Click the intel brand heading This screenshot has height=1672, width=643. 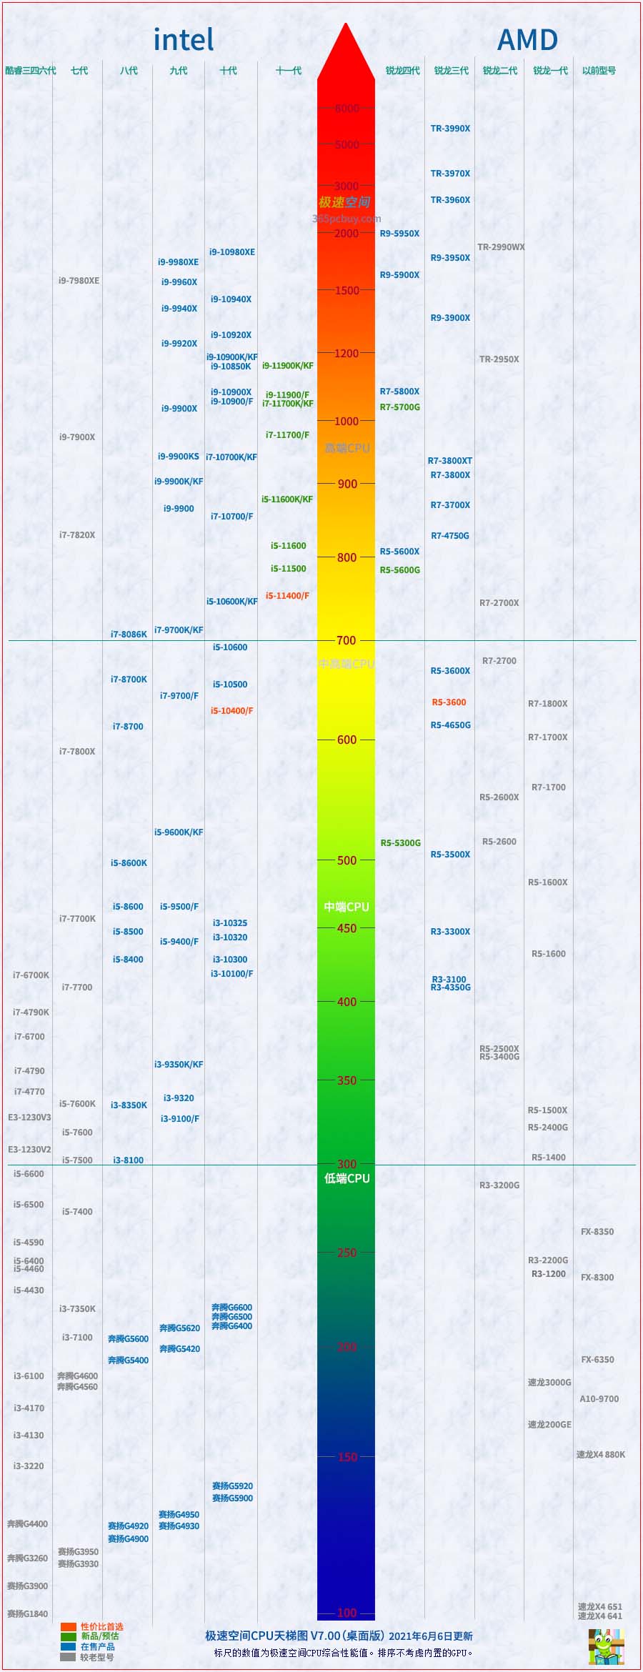[x=184, y=40]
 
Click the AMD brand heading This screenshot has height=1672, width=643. [x=527, y=40]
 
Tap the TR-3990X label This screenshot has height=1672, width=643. [x=450, y=129]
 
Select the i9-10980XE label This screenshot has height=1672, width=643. [x=231, y=252]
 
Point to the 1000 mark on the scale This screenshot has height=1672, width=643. [x=347, y=422]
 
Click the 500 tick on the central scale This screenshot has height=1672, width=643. [x=347, y=860]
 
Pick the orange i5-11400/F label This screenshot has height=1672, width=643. [x=287, y=596]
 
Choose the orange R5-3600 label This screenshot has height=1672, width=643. [x=449, y=702]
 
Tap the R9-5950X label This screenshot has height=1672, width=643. [x=399, y=234]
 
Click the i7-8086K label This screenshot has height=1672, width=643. [x=129, y=635]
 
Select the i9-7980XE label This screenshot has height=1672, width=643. [x=79, y=281]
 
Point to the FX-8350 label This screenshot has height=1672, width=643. [x=597, y=1232]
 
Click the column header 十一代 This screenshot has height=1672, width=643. [x=289, y=71]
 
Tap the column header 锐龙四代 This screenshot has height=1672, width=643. [x=402, y=71]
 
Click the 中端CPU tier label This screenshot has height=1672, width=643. [x=347, y=907]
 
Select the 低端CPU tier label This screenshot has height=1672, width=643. [x=347, y=1178]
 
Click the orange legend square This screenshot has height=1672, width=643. [x=69, y=1627]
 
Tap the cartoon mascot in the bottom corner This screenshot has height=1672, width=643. [x=605, y=1646]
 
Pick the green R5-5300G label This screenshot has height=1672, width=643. [x=400, y=843]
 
